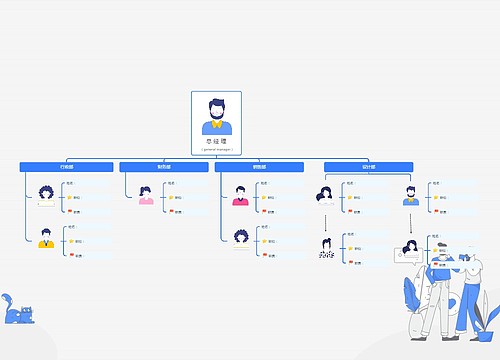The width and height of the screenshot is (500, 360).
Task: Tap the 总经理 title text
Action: click(x=216, y=141)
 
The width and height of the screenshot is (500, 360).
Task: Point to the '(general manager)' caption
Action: click(x=216, y=149)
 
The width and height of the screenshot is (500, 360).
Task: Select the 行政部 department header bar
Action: click(x=67, y=166)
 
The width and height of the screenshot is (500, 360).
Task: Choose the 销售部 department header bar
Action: click(x=260, y=166)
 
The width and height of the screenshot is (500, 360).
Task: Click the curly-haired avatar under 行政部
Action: click(x=46, y=193)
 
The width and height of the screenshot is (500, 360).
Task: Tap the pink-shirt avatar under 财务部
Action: click(x=146, y=194)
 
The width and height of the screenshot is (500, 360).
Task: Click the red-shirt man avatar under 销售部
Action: click(x=240, y=194)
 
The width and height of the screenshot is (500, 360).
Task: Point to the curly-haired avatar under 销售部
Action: click(x=240, y=238)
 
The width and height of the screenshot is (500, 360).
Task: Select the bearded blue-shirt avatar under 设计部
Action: click(x=410, y=194)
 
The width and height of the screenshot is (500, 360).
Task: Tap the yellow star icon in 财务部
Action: click(x=172, y=197)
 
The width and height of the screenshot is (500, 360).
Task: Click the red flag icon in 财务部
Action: click(x=172, y=211)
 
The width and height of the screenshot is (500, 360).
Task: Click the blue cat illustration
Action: click(x=17, y=312)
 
